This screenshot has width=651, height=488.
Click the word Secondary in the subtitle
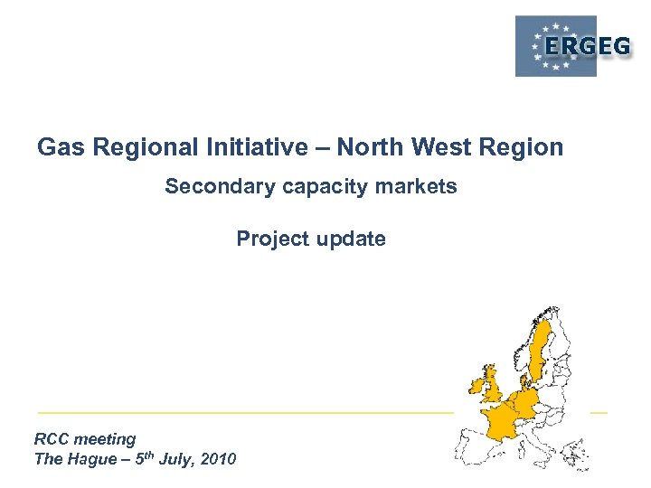(210, 187)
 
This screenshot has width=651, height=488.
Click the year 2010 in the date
(219, 459)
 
